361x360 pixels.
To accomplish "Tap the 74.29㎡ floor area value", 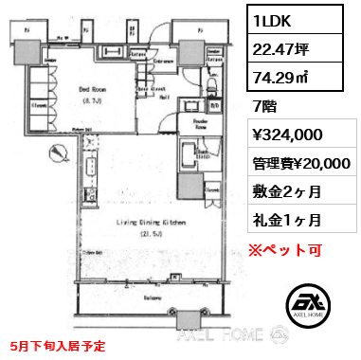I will (x=284, y=78).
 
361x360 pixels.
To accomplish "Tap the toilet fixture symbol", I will (x=213, y=91).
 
